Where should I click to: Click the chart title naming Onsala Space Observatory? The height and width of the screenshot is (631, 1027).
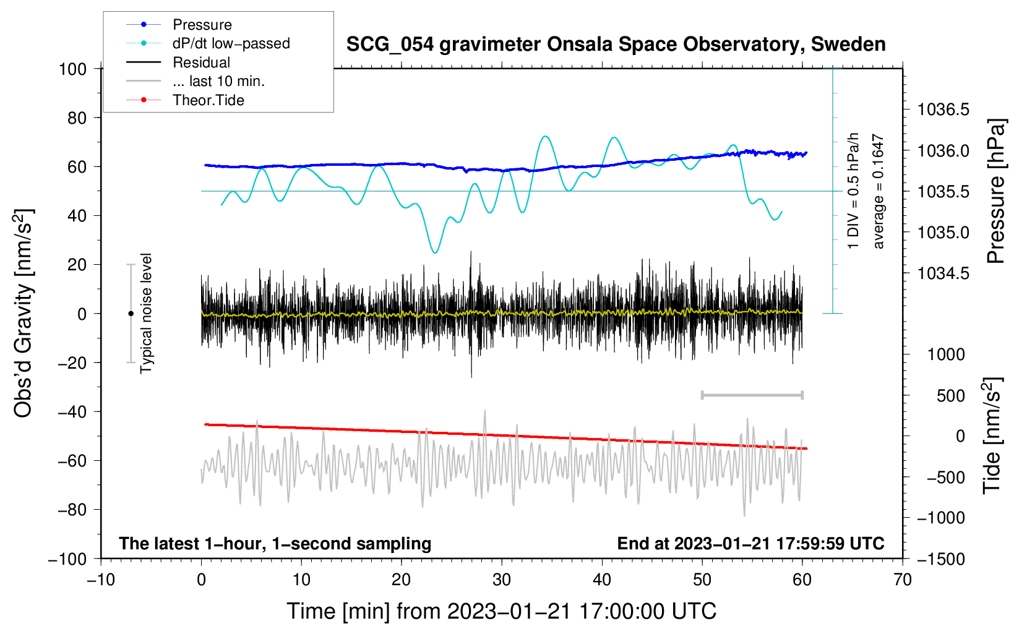pos(616,45)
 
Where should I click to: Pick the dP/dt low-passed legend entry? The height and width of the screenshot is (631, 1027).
pos(231,43)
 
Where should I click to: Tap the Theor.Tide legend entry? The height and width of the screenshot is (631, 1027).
pos(208,100)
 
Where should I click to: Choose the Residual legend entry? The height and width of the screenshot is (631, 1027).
pos(201,62)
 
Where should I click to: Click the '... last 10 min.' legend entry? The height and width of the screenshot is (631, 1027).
pos(218,81)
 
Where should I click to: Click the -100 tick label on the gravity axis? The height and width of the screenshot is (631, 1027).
pos(67,559)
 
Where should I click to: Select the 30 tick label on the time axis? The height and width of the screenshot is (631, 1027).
pos(502,580)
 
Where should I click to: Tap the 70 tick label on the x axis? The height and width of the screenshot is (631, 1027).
pos(903,580)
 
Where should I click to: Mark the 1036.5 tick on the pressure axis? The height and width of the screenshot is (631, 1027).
pos(943,110)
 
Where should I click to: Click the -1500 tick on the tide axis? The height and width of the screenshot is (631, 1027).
pos(941,559)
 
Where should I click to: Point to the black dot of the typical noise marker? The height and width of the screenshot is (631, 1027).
pos(131,314)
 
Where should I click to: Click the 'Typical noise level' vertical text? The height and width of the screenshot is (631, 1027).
pos(146,313)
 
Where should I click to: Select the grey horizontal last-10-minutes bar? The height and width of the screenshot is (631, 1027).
pos(752,395)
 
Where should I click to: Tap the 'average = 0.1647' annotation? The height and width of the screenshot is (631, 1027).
pos(879,192)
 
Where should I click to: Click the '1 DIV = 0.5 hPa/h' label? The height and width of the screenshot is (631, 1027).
pos(854,191)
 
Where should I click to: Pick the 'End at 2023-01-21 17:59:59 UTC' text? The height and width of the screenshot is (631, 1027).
pos(750,543)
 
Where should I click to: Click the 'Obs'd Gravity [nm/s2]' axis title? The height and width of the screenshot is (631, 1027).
pos(24,313)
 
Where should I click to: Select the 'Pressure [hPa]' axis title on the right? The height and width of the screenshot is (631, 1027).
pos(995,192)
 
